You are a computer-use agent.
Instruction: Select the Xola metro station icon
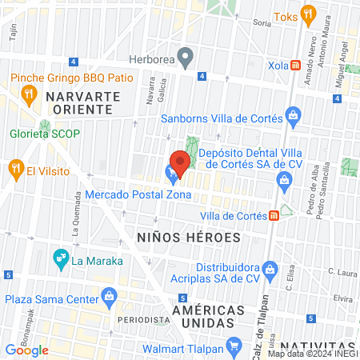click(296, 66)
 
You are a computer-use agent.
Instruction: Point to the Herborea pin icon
click(186, 57)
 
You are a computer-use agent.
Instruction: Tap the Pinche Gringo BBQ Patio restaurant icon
click(28, 94)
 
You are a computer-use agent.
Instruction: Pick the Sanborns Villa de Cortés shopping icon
click(294, 117)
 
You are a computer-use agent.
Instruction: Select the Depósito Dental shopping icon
click(282, 180)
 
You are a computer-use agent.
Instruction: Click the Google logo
click(26, 350)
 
